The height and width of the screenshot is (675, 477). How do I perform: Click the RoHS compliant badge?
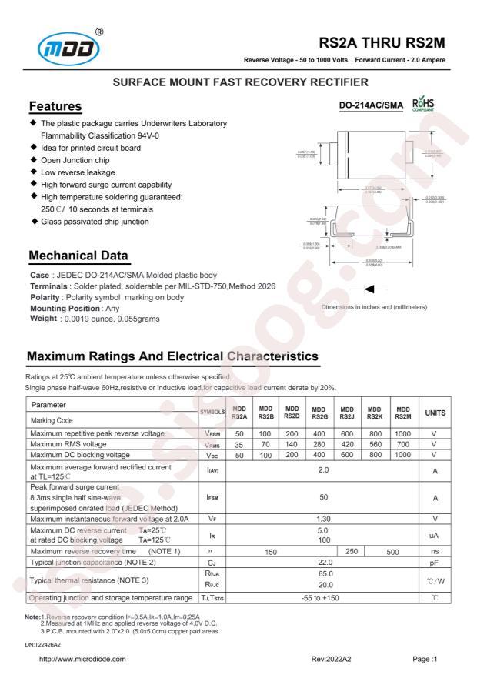tap(423, 101)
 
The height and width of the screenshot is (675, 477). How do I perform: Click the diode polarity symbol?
tap(370, 267)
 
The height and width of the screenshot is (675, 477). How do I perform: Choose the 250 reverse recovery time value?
tap(337, 530)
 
